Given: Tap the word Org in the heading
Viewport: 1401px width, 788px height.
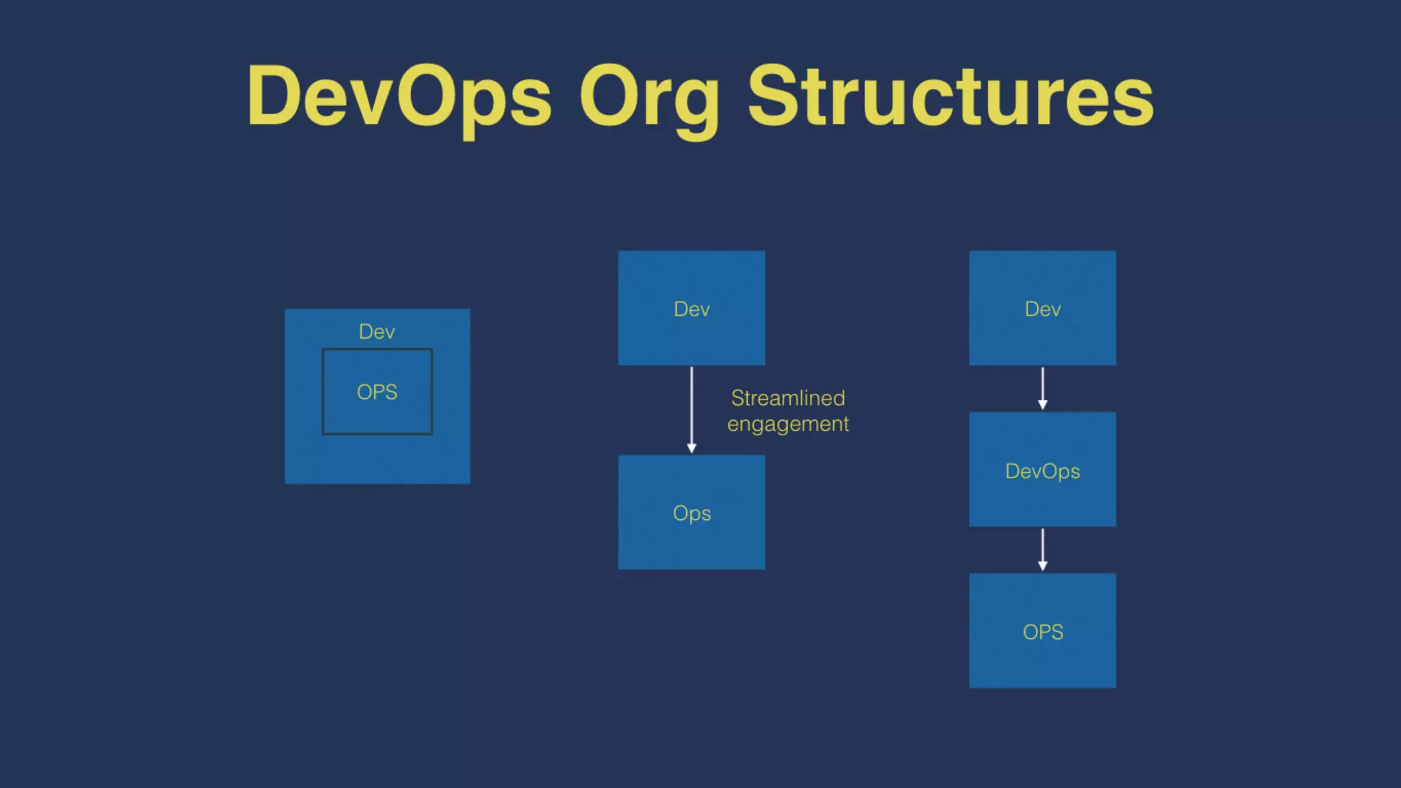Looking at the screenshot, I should tap(649, 98).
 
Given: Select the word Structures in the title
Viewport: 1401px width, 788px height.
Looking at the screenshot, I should tap(951, 96).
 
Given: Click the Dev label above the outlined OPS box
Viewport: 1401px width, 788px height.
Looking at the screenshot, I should tap(377, 332).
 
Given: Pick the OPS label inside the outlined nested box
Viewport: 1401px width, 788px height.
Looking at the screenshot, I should tap(377, 392).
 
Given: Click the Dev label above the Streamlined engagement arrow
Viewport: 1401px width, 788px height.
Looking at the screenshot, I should tap(692, 309).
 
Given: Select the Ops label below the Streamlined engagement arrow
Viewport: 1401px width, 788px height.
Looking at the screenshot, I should tap(692, 513).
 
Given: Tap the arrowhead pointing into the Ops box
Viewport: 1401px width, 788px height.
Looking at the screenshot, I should tap(692, 448).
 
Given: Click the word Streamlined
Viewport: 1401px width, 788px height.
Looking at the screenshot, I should tap(788, 398).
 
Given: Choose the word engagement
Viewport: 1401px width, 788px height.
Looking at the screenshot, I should tap(788, 425).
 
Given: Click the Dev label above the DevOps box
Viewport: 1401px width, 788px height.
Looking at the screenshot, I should tap(1043, 309).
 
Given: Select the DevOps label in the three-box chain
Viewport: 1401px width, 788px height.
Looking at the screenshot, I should tap(1043, 471).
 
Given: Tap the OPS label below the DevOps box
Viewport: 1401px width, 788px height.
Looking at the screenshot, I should tap(1043, 632).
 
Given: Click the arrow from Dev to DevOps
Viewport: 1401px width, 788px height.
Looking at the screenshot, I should tap(1043, 388).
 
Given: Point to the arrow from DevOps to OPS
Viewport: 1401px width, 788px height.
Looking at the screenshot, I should tap(1043, 549).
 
